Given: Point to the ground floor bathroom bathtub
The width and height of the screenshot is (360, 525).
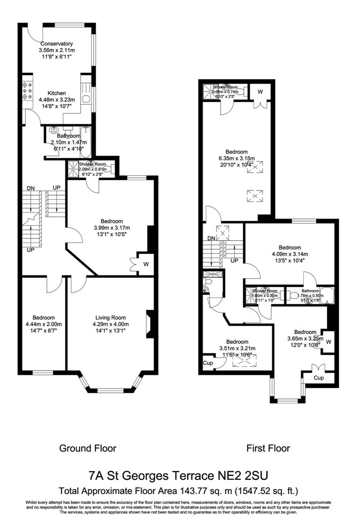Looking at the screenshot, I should pos(85,141).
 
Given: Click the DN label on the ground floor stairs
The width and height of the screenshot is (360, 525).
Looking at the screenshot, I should pos(30,188).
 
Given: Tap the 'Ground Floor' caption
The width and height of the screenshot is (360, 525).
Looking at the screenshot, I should pos(87,448).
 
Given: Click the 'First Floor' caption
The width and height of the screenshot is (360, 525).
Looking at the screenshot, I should pos(268,448).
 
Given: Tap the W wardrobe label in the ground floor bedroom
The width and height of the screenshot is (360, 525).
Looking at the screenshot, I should pos(146,264).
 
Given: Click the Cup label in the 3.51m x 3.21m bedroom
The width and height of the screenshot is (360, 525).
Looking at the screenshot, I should pos(207,363).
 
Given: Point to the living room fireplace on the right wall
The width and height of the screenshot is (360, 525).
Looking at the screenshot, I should pos(150,324).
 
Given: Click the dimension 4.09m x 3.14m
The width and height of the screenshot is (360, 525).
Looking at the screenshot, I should pos(289,254).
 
